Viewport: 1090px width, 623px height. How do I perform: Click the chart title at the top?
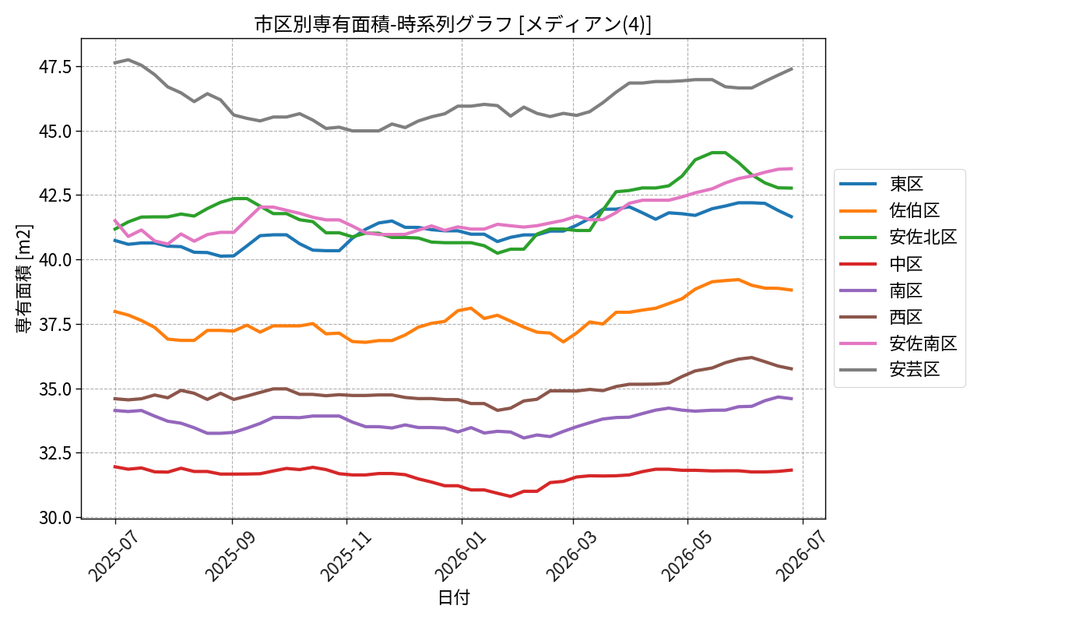tap(452, 24)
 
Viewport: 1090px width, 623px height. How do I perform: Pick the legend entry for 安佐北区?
tap(898, 237)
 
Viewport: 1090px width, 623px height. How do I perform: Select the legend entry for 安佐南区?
tap(898, 343)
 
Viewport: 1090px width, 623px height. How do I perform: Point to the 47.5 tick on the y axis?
tap(55, 67)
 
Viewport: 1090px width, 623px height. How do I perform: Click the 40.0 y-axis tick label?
tap(55, 260)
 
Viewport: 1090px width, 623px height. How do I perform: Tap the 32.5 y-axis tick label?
tap(55, 453)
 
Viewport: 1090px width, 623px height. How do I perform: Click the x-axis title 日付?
tap(453, 598)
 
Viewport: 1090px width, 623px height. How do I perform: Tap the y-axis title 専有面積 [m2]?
tap(24, 279)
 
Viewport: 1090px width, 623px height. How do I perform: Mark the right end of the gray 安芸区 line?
tap(793, 69)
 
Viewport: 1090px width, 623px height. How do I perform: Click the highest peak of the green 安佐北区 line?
tap(719, 153)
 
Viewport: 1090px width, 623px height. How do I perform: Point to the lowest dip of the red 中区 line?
tap(511, 496)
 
